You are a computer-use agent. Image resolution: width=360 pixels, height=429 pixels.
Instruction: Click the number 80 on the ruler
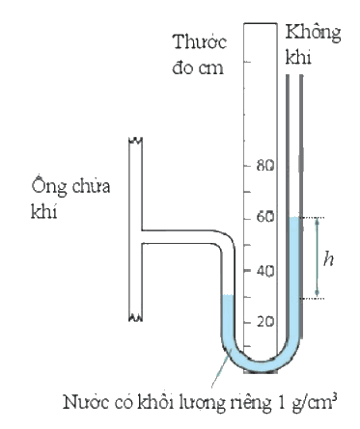pyautogui.click(x=265, y=166)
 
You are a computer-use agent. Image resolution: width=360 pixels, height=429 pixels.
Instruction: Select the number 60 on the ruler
pyautogui.click(x=265, y=217)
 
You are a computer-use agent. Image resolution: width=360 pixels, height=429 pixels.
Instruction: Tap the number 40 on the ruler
pyautogui.click(x=265, y=271)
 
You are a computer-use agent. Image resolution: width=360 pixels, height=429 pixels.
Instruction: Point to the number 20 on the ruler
pyautogui.click(x=265, y=322)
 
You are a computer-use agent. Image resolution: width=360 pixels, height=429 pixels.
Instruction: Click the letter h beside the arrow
pyautogui.click(x=328, y=258)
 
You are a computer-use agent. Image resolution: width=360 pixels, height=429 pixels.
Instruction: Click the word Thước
pyautogui.click(x=200, y=42)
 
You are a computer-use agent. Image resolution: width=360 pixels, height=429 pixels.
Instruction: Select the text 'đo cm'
pyautogui.click(x=198, y=67)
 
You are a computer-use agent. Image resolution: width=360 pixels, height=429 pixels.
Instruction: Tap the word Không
pyautogui.click(x=313, y=35)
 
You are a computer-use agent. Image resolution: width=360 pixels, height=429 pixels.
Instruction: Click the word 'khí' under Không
pyautogui.click(x=298, y=57)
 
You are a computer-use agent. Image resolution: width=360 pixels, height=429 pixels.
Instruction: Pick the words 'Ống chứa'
pyautogui.click(x=70, y=186)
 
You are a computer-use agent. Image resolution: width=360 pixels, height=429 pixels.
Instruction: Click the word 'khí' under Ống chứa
pyautogui.click(x=43, y=211)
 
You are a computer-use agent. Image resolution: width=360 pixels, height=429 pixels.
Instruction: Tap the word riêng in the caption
pyautogui.click(x=251, y=403)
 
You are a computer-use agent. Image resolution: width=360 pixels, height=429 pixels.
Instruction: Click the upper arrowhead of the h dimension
pyautogui.click(x=317, y=221)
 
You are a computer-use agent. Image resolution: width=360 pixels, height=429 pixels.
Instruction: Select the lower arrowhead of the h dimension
pyautogui.click(x=317, y=293)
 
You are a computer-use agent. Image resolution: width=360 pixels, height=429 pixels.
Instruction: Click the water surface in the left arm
pyautogui.click(x=228, y=295)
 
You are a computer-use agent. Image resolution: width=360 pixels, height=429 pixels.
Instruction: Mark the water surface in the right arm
pyautogui.click(x=294, y=218)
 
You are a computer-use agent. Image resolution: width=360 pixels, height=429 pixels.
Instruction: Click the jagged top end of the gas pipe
pyautogui.click(x=136, y=141)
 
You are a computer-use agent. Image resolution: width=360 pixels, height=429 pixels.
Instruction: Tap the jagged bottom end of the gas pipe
pyautogui.click(x=136, y=318)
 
